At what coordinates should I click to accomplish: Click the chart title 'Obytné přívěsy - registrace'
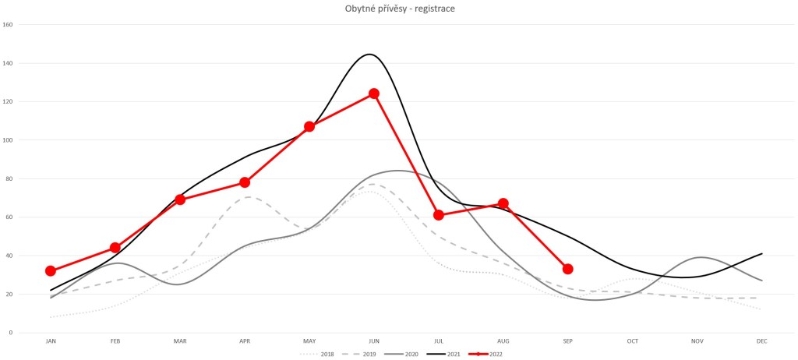400,9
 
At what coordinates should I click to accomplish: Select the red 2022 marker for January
51,271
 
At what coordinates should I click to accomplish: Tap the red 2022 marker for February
115,248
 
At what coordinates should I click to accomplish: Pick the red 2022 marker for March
180,199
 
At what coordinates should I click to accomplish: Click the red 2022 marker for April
245,182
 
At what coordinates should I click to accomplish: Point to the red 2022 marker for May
309,126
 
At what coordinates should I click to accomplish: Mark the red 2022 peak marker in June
374,94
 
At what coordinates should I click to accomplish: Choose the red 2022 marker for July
439,215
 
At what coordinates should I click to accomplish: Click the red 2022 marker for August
503,203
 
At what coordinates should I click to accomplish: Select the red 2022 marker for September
568,269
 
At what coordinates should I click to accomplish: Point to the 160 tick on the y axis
8,24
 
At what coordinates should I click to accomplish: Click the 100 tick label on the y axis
8,140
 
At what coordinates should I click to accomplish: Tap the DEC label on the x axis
761,341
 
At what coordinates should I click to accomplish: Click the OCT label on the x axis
632,341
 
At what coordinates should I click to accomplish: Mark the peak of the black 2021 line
369,54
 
